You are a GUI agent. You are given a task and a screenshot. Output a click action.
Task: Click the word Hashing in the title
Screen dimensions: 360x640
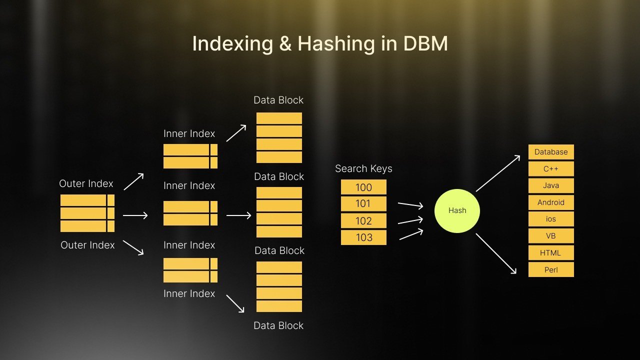click(335, 44)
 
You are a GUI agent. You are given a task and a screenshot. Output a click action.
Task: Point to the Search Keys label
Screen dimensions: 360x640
click(363, 169)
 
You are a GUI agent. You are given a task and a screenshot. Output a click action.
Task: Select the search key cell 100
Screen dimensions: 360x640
click(363, 187)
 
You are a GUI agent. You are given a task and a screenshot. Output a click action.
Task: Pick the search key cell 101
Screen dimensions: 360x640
click(363, 204)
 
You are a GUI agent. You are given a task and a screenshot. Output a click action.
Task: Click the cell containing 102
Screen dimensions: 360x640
click(363, 221)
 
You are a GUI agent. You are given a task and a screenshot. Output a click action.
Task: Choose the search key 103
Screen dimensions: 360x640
click(363, 237)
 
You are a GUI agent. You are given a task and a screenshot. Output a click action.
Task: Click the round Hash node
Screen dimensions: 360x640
click(457, 210)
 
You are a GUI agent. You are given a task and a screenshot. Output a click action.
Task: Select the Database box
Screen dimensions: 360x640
click(551, 152)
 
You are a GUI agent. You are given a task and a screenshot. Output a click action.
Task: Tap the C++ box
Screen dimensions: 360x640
click(551, 169)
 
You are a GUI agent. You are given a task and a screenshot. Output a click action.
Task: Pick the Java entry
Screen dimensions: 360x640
click(551, 185)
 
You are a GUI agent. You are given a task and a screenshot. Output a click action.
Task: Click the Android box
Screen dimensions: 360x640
click(551, 202)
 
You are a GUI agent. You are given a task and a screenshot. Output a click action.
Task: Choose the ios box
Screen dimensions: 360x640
click(551, 219)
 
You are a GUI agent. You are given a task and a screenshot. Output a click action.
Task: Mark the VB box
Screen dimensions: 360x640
click(551, 236)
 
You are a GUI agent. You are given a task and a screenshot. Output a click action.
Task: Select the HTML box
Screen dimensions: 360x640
click(551, 253)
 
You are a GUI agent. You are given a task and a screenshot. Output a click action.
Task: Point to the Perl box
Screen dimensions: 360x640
click(551, 270)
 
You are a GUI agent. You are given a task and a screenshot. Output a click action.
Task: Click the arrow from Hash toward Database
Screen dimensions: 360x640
click(498, 173)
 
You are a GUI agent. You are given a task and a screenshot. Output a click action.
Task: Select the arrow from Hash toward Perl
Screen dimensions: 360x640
click(496, 253)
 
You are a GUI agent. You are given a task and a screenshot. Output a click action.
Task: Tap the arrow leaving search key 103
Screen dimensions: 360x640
click(411, 234)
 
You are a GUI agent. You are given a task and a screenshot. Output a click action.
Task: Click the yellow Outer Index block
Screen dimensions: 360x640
click(87, 213)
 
